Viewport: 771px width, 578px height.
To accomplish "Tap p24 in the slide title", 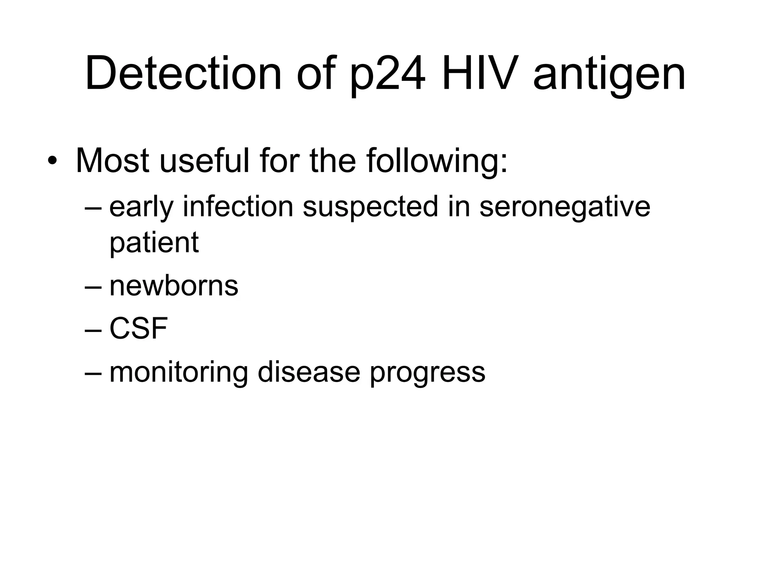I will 388,74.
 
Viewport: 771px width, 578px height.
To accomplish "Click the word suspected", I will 370,208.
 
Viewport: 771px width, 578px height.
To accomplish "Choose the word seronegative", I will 565,208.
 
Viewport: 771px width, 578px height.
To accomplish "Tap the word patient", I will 154,243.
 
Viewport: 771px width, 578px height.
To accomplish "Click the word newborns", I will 174,286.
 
